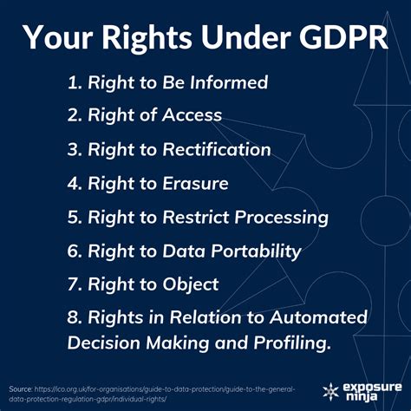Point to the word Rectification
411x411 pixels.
tap(221, 149)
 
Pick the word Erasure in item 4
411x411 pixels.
tap(197, 183)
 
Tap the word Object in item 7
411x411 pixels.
tap(190, 284)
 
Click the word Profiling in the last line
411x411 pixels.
tap(289, 344)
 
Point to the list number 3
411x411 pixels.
tap(72, 149)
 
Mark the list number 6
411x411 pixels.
tap(72, 251)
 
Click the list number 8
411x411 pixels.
tap(72, 318)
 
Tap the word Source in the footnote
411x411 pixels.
tap(20, 387)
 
